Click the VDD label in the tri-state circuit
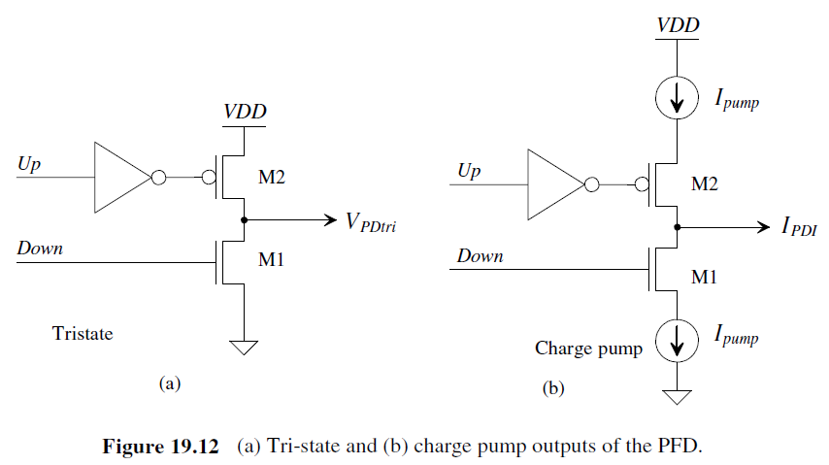pyautogui.click(x=246, y=112)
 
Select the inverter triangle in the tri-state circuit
pyautogui.click(x=120, y=178)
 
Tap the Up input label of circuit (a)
pyautogui.click(x=30, y=165)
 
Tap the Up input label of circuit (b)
pyautogui.click(x=469, y=172)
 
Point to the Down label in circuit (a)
pyautogui.click(x=40, y=249)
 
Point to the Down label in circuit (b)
pyautogui.click(x=480, y=256)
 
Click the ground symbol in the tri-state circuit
pyautogui.click(x=244, y=347)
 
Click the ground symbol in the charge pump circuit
pyautogui.click(x=678, y=395)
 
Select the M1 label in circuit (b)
pyautogui.click(x=706, y=278)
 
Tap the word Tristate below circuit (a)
pyautogui.click(x=83, y=334)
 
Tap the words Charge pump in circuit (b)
pyautogui.click(x=588, y=349)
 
